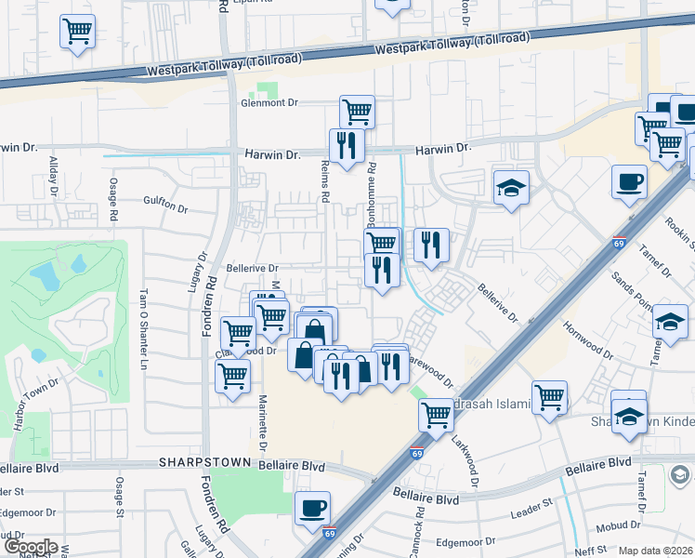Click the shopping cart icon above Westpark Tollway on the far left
pos(77,31)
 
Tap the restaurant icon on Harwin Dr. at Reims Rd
pos(347,145)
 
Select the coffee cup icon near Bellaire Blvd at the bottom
pos(312,508)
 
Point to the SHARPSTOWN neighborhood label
pos(195,461)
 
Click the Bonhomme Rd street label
pos(372,185)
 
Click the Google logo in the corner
pos(30,547)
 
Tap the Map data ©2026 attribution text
pos(655,551)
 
